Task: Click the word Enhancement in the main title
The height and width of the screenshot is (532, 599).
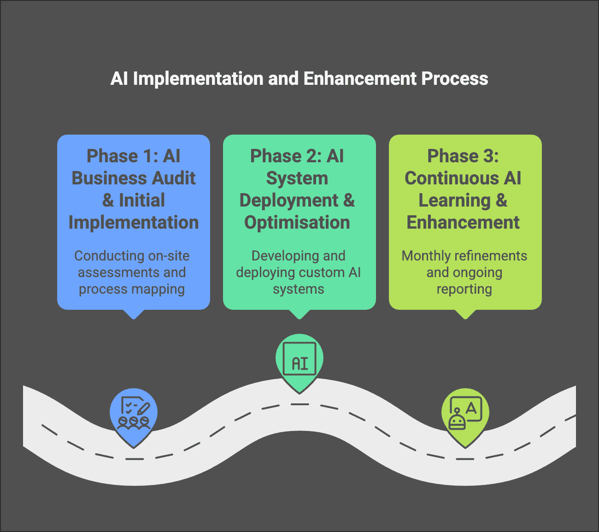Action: point(359,79)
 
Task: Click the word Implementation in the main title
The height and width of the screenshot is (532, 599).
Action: point(199,79)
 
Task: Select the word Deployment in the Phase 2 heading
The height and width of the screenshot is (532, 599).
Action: point(289,201)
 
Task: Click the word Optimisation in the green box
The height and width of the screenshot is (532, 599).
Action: point(297,223)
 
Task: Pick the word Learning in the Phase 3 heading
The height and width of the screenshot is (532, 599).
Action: point(448,201)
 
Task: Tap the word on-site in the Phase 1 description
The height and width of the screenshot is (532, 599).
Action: point(169,256)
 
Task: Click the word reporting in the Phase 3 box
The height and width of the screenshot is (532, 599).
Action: point(464,289)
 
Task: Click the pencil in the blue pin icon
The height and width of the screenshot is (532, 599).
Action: point(143,408)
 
